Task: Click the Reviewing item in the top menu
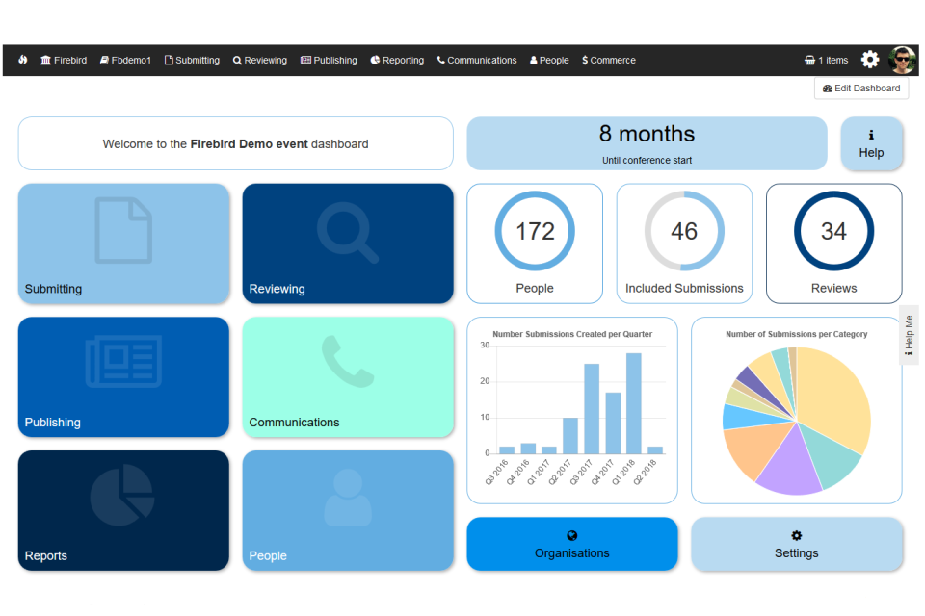click(260, 60)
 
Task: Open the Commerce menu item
click(609, 60)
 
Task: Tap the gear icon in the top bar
click(870, 60)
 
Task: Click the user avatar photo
click(903, 60)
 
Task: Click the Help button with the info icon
click(871, 144)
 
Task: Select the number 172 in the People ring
click(535, 231)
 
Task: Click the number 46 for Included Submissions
click(684, 231)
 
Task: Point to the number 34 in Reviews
click(833, 231)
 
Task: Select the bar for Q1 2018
click(633, 403)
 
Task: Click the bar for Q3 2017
click(592, 409)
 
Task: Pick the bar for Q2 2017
click(570, 435)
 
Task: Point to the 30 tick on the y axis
click(485, 345)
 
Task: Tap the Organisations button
click(572, 544)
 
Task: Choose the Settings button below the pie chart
click(797, 544)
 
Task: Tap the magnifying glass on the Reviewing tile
click(348, 231)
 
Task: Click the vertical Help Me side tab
click(909, 335)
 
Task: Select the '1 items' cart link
click(826, 60)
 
